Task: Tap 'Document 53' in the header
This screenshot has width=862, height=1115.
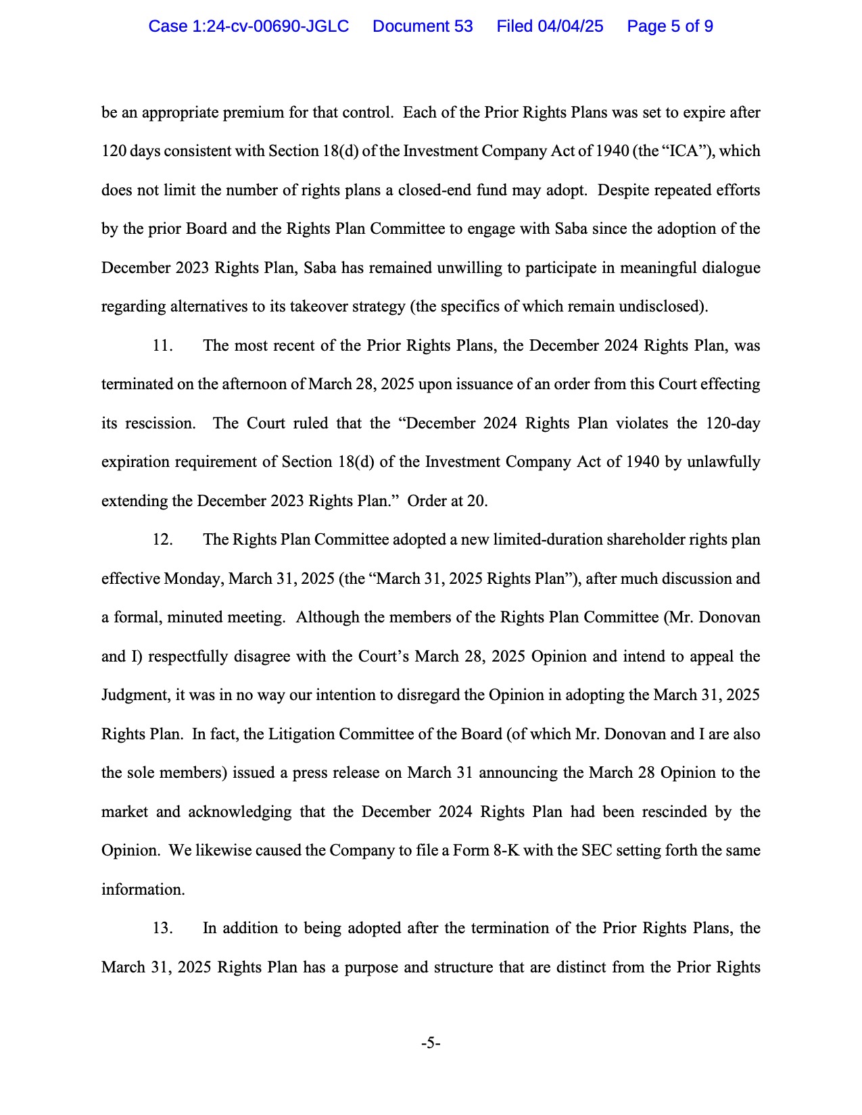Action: click(x=423, y=26)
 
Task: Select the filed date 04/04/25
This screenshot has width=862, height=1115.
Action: click(x=570, y=26)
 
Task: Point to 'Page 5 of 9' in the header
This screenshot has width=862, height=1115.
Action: click(x=669, y=26)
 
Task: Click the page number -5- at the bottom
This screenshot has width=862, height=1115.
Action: click(x=431, y=1043)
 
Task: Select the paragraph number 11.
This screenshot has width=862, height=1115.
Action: click(x=162, y=345)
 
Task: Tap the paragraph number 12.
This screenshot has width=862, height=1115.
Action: click(x=162, y=540)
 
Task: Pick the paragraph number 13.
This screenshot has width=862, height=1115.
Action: click(x=162, y=928)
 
